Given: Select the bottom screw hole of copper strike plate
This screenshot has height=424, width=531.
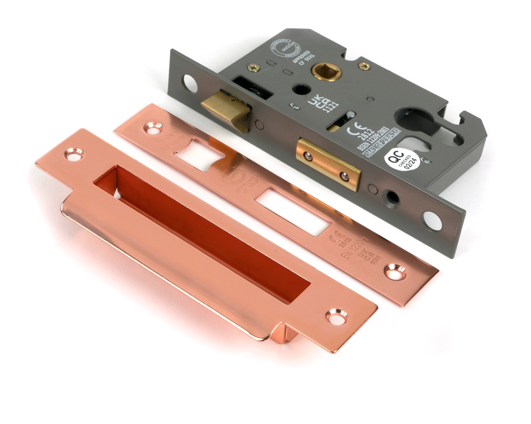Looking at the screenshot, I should tap(336, 316).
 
